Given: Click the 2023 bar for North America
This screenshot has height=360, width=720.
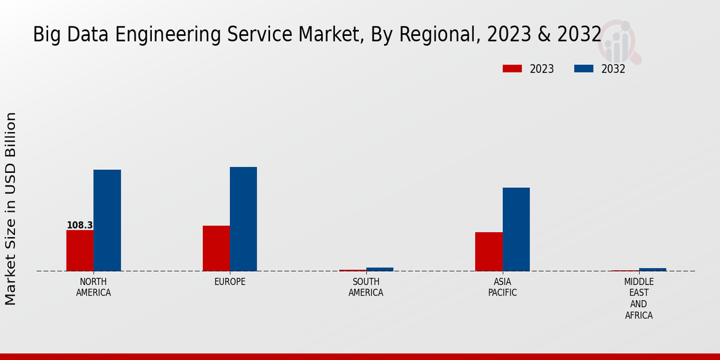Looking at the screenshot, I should pos(80,250).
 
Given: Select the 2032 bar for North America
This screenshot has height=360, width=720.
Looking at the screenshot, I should pos(107,220).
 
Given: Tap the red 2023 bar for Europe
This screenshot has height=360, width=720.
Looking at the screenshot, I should pos(216,248).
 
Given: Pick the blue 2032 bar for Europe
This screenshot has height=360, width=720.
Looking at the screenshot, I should pos(243,219).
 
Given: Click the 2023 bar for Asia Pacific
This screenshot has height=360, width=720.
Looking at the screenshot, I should pos(488,251).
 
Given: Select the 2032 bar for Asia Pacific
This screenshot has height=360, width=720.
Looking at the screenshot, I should pos(516,229).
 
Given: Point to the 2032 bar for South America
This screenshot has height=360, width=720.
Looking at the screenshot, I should pos(380,269).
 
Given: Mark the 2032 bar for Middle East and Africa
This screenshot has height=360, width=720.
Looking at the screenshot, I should pos(652,269).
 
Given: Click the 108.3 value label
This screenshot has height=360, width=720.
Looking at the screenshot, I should pos(80,226).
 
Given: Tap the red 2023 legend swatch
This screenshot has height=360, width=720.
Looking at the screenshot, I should pos(512,69).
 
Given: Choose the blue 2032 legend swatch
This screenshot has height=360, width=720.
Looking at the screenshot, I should pos(583,69).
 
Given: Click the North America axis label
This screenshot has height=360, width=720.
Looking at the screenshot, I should pos(94,287).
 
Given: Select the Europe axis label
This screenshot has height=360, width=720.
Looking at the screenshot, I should pos(230,282).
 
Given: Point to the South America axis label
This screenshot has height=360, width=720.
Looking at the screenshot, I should pos(366,287).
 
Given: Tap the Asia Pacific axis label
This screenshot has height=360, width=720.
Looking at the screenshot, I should pos(502,287).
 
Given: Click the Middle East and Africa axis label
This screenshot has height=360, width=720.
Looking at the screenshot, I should pos(638,298).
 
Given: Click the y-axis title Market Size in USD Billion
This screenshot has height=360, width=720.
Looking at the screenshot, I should pos(11,208).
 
